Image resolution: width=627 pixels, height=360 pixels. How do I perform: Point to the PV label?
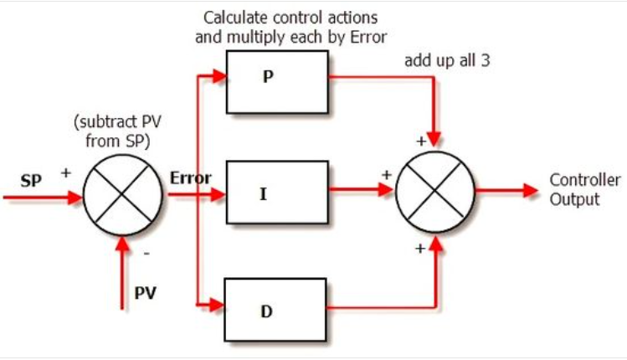[x=146, y=294]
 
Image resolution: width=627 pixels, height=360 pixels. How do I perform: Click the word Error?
[x=190, y=177]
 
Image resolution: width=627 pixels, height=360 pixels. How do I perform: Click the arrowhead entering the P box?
[x=219, y=75]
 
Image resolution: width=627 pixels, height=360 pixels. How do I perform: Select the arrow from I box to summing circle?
[x=360, y=192]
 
